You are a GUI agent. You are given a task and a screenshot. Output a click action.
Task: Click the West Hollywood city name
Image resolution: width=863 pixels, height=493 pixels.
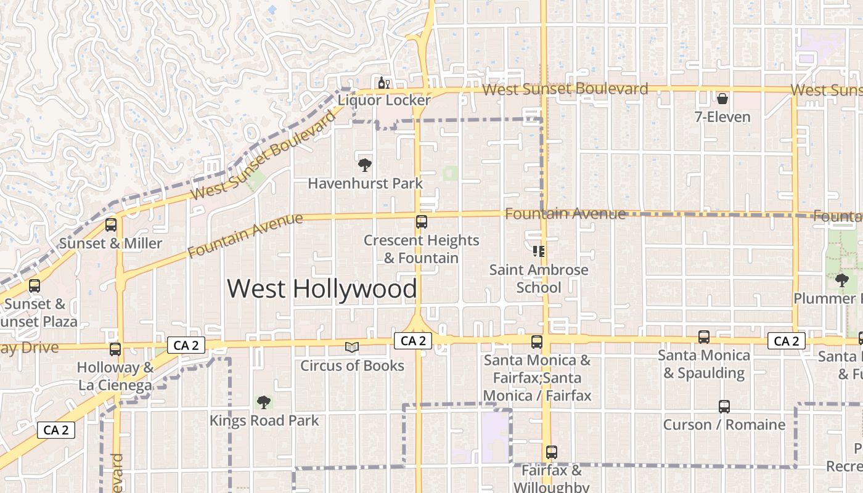pyautogui.click(x=322, y=289)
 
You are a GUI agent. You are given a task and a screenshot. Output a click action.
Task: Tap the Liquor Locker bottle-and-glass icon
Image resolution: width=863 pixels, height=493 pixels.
pyautogui.click(x=383, y=83)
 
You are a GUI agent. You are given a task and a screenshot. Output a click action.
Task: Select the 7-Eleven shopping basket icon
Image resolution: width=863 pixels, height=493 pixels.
pyautogui.click(x=722, y=99)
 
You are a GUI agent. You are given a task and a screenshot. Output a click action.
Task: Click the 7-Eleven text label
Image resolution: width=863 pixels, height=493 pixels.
pyautogui.click(x=722, y=117)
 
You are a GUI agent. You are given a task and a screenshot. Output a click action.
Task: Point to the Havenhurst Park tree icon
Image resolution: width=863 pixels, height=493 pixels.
pyautogui.click(x=364, y=165)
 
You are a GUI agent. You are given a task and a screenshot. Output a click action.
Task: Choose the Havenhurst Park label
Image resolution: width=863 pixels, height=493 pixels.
pyautogui.click(x=365, y=184)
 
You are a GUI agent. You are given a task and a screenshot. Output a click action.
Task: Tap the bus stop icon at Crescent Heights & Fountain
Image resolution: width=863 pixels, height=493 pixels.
pyautogui.click(x=422, y=222)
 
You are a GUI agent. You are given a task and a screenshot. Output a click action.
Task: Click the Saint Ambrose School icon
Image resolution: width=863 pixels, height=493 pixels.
pyautogui.click(x=538, y=251)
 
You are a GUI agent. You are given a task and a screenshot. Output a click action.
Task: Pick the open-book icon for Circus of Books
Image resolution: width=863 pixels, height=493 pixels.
pyautogui.click(x=351, y=348)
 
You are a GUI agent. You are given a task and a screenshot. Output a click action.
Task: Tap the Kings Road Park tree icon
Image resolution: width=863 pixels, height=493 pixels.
pyautogui.click(x=264, y=402)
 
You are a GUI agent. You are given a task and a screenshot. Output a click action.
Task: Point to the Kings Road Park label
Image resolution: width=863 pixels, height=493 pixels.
pyautogui.click(x=264, y=421)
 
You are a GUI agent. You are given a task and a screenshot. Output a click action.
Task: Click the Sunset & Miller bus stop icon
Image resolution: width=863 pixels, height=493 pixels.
pyautogui.click(x=111, y=225)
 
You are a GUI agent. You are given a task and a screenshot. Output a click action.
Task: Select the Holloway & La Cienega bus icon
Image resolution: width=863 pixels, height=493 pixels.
pyautogui.click(x=115, y=349)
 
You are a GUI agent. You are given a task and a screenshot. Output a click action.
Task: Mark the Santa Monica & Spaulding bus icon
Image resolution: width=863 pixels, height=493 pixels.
pyautogui.click(x=703, y=337)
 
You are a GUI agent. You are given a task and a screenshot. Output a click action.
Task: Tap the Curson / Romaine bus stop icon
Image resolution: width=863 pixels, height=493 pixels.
pyautogui.click(x=724, y=407)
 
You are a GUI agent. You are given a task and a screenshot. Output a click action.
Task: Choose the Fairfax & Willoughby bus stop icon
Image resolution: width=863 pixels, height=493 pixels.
pyautogui.click(x=552, y=452)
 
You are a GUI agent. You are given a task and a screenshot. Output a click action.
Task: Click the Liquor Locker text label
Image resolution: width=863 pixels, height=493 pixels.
pyautogui.click(x=383, y=100)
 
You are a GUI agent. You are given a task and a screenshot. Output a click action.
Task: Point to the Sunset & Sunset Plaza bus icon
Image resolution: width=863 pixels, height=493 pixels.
pyautogui.click(x=35, y=286)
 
